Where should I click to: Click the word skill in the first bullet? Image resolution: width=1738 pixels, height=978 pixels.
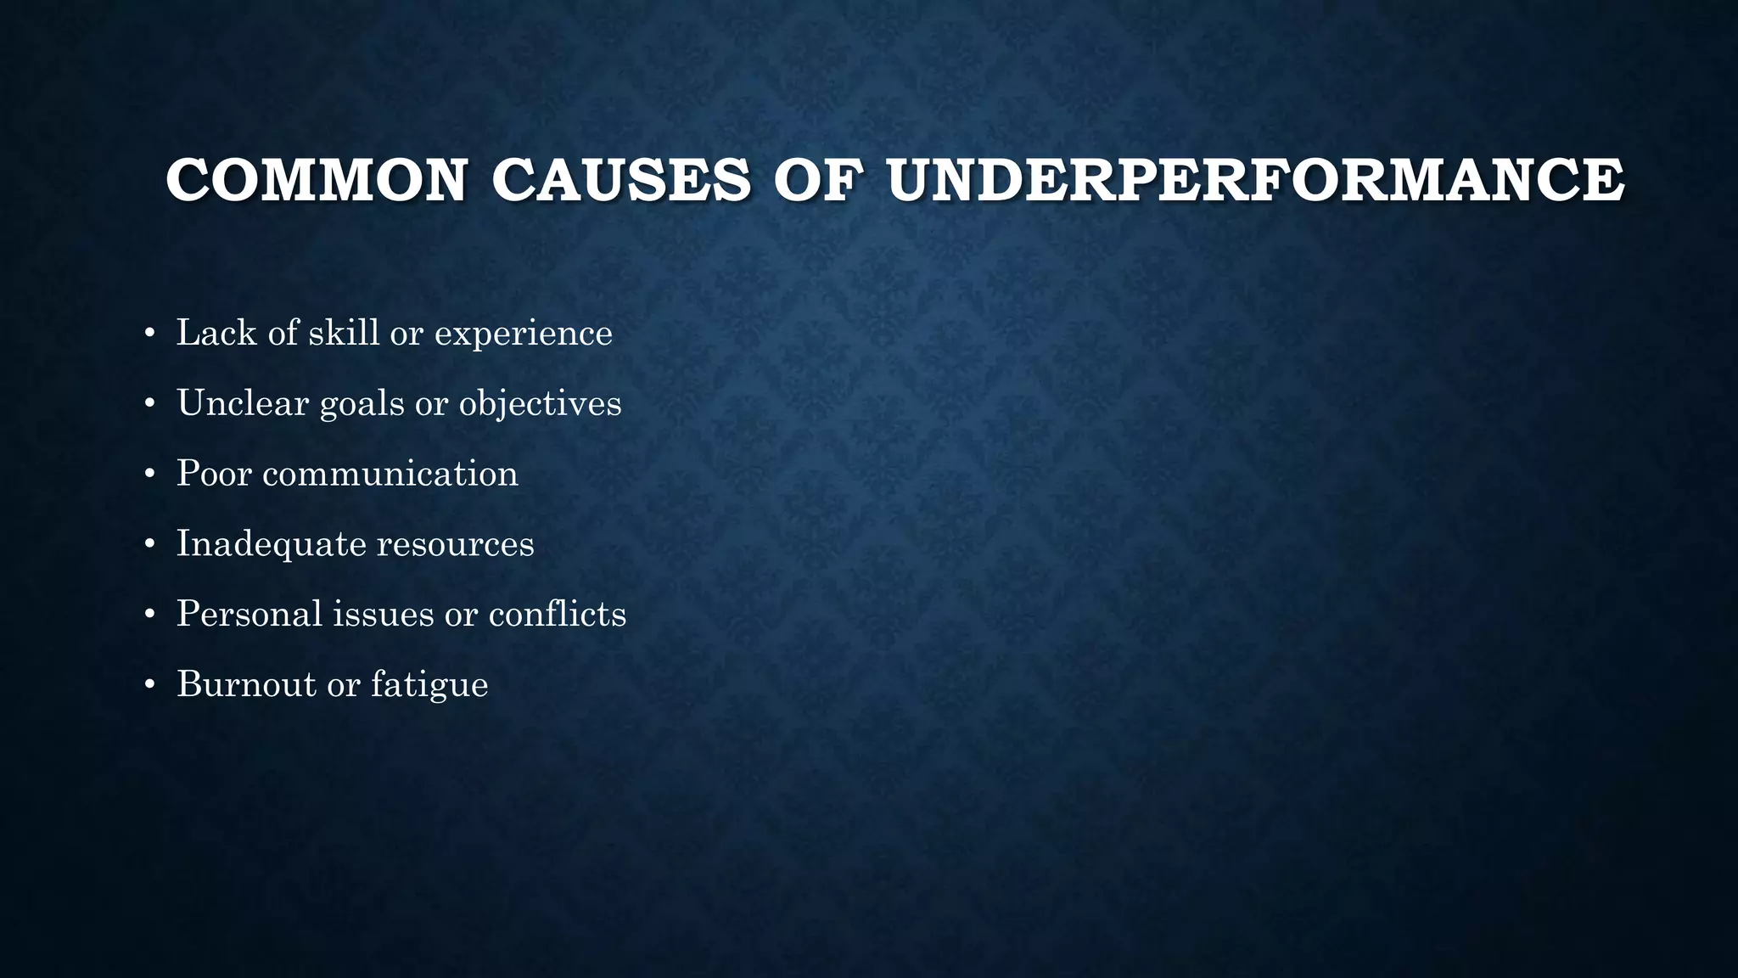click(x=344, y=332)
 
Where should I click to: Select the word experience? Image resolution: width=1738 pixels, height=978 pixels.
click(x=523, y=334)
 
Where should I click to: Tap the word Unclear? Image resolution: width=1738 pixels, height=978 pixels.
click(x=243, y=402)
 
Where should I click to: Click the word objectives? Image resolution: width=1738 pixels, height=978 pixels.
click(x=540, y=404)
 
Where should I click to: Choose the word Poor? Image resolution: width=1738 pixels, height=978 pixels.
click(x=215, y=473)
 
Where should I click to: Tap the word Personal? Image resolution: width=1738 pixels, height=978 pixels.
click(x=249, y=614)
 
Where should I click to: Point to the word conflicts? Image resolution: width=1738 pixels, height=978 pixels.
click(x=557, y=614)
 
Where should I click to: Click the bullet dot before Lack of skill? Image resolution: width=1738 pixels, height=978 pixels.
click(x=149, y=333)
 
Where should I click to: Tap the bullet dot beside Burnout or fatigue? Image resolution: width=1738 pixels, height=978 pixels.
click(x=149, y=684)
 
